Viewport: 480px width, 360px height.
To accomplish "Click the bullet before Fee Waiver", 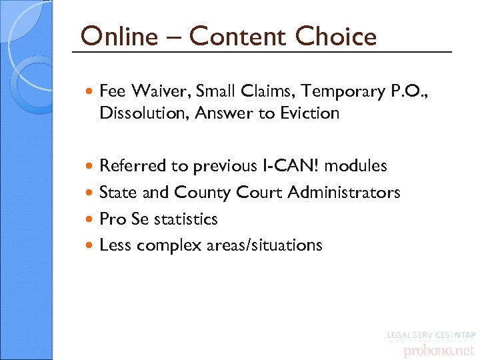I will pos(91,91).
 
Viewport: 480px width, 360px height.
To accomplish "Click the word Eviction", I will pos(309,113).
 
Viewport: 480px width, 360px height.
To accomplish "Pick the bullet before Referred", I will pos(91,165).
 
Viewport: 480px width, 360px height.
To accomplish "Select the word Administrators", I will pos(344,193).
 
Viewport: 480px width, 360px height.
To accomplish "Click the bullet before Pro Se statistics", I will pos(91,219).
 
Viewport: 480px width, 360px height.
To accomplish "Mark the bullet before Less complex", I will pos(91,246).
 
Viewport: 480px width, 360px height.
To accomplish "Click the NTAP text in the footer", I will pos(464,335).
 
